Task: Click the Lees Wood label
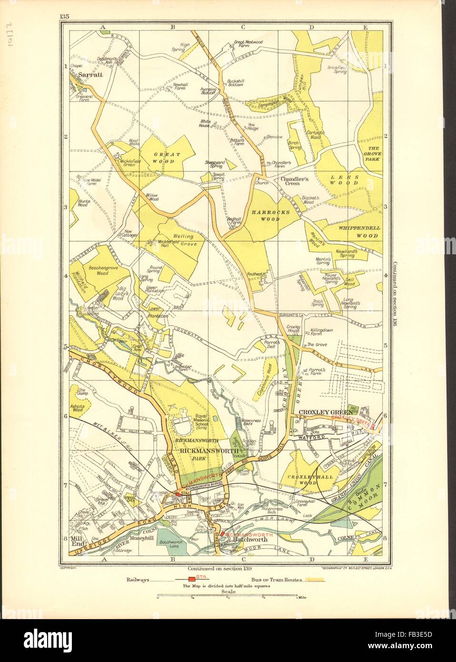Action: point(343,180)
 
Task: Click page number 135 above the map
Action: point(65,4)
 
